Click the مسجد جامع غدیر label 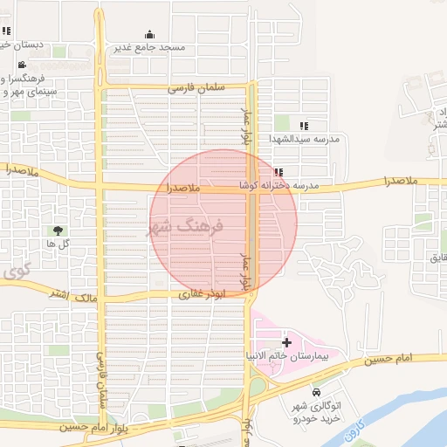(x=148, y=46)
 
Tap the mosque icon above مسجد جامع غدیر (x=148, y=34)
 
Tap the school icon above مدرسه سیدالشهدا (x=303, y=126)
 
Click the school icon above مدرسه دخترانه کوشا (x=278, y=173)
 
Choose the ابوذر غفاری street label (x=202, y=295)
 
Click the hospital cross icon (x=287, y=344)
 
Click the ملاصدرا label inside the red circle (x=180, y=188)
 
